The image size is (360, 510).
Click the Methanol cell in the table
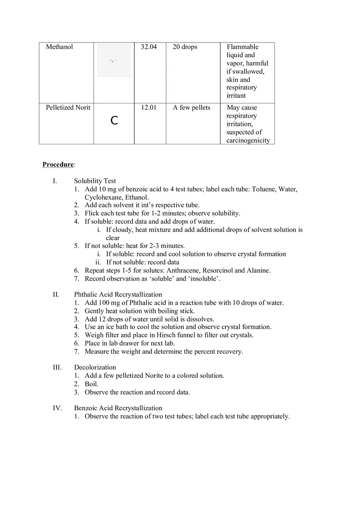pos(59,47)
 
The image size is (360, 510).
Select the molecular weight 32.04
pos(148,47)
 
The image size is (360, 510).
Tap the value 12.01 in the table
pos(148,108)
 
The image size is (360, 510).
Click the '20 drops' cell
pos(185,47)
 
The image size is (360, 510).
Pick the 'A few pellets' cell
pos(191,108)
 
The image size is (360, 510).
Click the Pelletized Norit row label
pos(68,108)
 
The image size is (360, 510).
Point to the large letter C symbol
pos(115,121)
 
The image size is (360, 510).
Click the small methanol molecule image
pos(113,61)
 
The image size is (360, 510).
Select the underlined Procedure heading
pos(58,164)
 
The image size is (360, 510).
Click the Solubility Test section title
pos(95,181)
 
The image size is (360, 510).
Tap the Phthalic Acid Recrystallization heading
pos(118,294)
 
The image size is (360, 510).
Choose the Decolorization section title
pos(95,367)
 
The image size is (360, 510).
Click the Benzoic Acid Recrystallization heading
pos(118,408)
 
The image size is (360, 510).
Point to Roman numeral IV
pos(57,408)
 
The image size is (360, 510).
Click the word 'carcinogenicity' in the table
pos(248,140)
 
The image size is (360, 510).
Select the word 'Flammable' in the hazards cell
pos(243,47)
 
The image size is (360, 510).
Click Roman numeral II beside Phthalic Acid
pos(56,294)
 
